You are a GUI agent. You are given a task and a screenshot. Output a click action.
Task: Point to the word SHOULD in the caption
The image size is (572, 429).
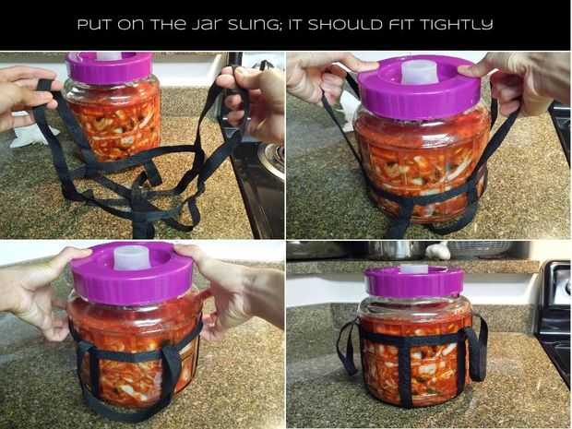[345, 25]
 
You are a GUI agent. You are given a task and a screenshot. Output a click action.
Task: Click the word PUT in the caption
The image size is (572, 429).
[96, 25]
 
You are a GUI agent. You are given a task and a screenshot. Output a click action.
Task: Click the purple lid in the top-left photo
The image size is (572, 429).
[110, 67]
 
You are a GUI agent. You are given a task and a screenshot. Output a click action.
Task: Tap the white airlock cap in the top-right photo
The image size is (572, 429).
[420, 72]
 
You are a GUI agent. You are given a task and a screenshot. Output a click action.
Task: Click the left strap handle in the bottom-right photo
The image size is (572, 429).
[348, 348]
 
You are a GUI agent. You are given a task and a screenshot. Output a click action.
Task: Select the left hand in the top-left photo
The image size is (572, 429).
[26, 97]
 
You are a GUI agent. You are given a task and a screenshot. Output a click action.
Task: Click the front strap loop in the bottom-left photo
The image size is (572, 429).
[173, 368]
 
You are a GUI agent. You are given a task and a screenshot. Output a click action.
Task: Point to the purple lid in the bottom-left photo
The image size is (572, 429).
[131, 273]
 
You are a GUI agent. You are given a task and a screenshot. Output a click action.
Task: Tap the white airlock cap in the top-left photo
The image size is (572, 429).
[109, 55]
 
